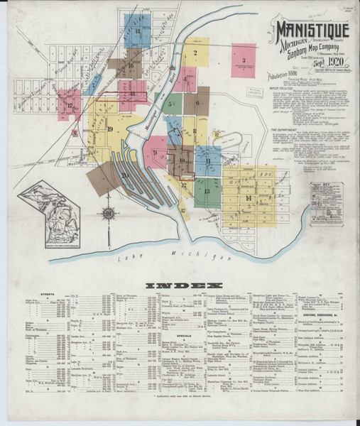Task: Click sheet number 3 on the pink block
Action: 243,60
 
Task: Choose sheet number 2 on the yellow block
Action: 194,53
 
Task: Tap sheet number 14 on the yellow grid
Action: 249,196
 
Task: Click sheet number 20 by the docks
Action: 125,175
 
